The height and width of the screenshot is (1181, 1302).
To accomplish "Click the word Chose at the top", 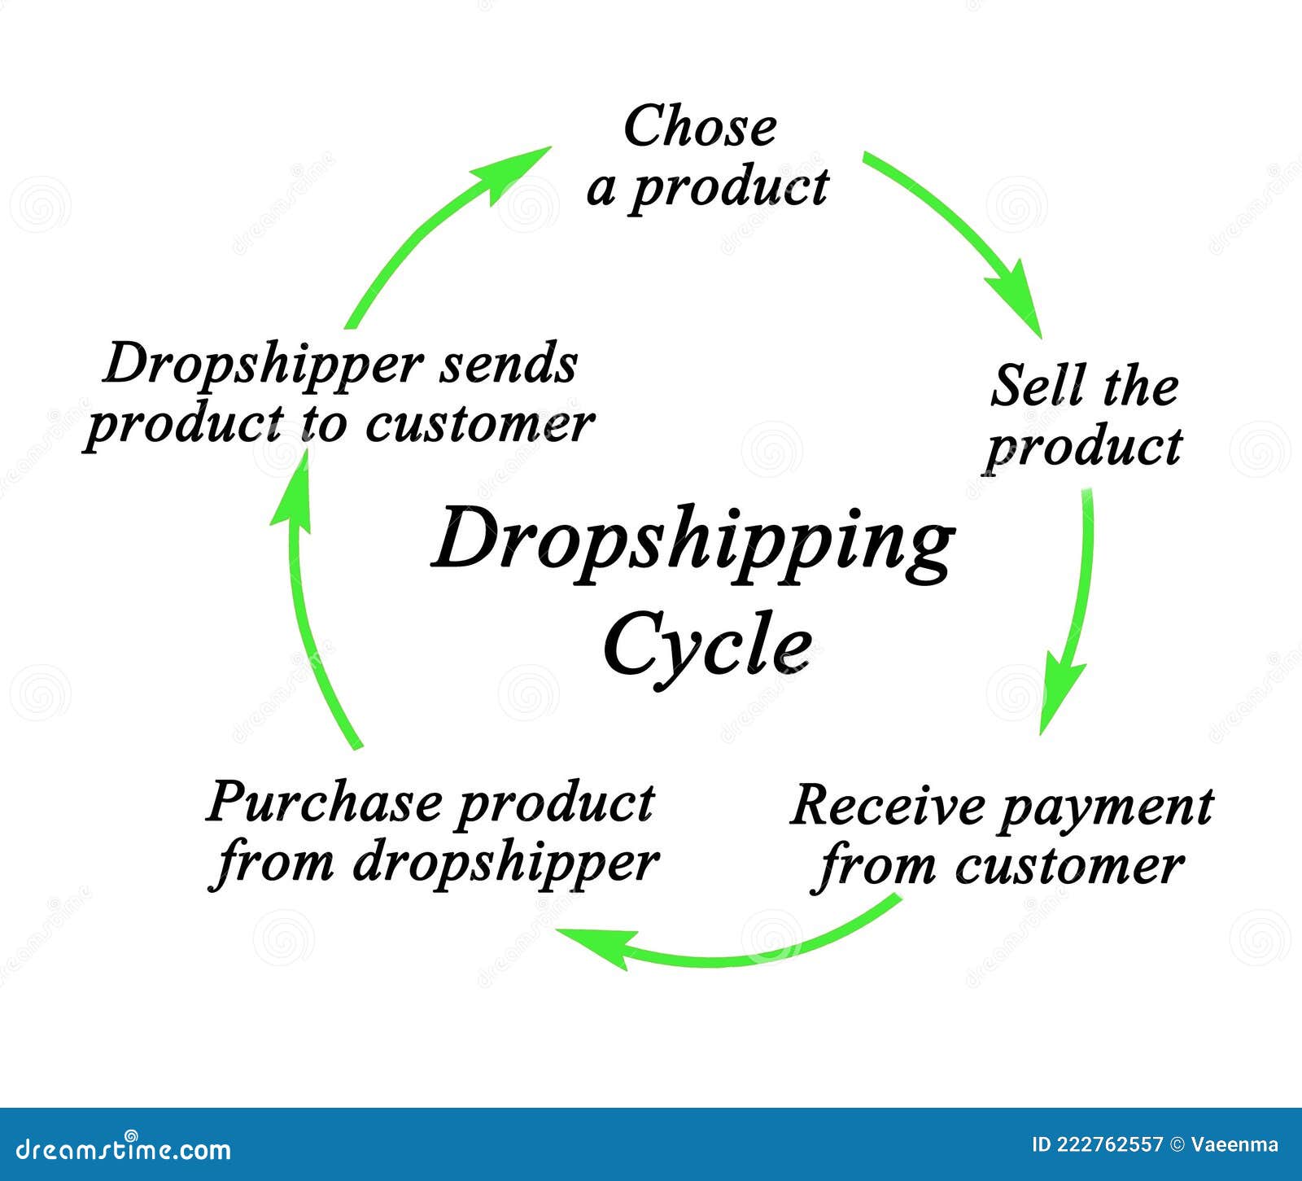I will click(700, 128).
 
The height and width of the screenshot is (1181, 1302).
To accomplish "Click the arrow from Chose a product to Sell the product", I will click(960, 236).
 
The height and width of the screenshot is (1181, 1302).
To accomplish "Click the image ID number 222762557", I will click(1110, 1145).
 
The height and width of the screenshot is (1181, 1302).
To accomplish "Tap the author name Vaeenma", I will click(1234, 1145).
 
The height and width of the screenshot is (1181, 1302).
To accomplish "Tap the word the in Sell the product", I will click(1141, 387).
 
